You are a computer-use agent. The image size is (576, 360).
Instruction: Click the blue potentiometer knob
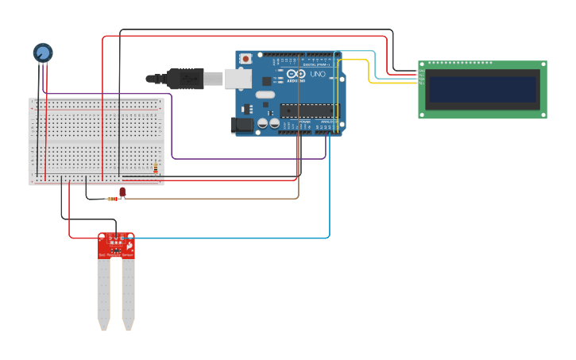pos(42,52)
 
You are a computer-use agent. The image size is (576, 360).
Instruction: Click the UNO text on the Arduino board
pos(317,75)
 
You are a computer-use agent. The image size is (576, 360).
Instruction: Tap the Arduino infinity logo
pos(296,74)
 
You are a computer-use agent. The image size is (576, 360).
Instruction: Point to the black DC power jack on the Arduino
pos(240,125)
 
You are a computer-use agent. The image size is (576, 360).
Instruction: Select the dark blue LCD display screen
pos(483,90)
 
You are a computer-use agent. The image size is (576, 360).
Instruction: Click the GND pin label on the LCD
pos(423,71)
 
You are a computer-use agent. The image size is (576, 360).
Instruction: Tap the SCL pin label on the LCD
pos(423,83)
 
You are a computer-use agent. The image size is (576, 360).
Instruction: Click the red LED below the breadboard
pos(123,192)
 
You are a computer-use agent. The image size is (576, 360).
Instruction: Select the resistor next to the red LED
pos(113,199)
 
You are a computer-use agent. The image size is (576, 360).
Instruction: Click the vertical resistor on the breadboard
pos(155,167)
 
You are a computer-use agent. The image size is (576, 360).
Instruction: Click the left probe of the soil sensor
pos(103,294)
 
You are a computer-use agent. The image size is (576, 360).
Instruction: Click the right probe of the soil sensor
pos(127,294)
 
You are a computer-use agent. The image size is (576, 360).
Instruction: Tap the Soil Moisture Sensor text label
pos(116,255)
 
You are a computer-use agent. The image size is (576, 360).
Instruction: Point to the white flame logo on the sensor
pos(128,247)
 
